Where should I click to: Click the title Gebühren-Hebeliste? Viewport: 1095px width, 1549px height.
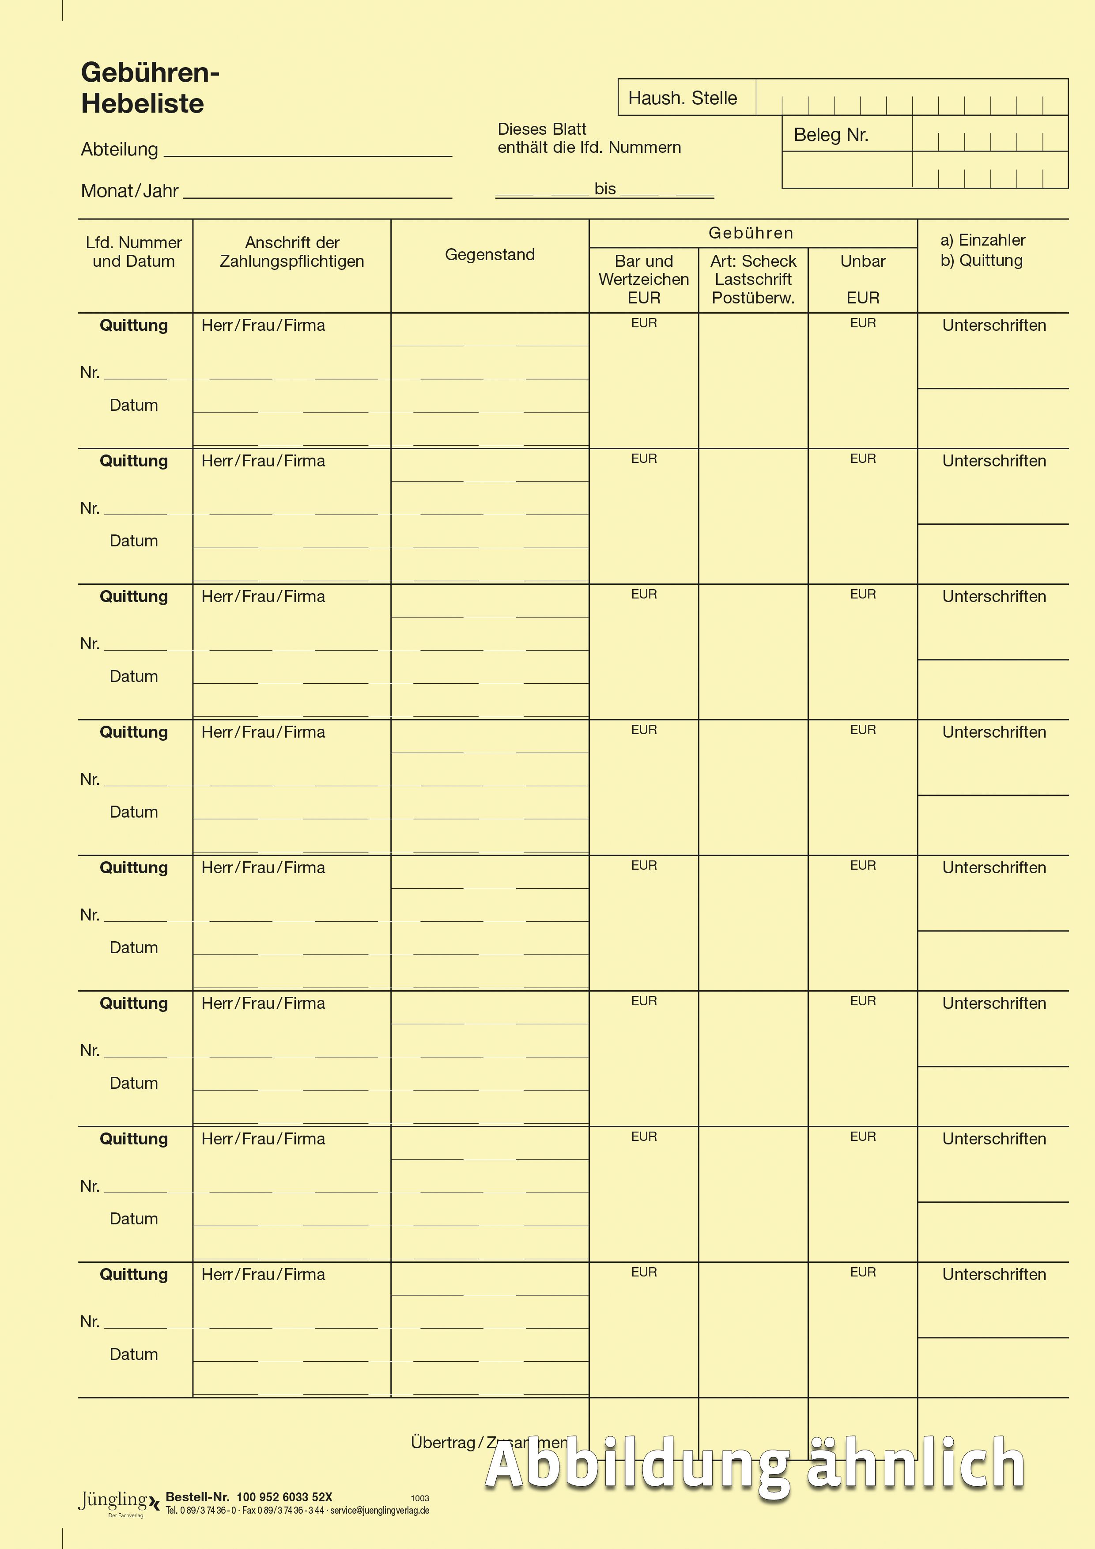(x=150, y=88)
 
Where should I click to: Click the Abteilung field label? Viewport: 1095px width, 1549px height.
(x=119, y=149)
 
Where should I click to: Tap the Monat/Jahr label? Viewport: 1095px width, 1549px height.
(x=129, y=191)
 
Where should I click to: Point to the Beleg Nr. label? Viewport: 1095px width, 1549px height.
(x=831, y=135)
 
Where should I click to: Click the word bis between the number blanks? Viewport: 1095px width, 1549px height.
(x=605, y=189)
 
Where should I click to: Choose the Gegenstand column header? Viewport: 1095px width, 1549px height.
(x=490, y=255)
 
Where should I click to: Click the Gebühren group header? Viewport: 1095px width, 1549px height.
(x=751, y=233)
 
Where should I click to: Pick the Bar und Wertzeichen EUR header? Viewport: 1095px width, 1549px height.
(x=643, y=279)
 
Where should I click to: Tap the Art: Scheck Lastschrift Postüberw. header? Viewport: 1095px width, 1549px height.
(x=753, y=279)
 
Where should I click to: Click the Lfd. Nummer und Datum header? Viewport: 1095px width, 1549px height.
(x=133, y=252)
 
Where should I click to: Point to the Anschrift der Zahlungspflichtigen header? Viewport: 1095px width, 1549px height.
(x=292, y=252)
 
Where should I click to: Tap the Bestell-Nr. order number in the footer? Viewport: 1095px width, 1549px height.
(x=249, y=1496)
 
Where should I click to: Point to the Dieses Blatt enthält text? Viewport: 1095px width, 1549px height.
(x=589, y=138)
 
